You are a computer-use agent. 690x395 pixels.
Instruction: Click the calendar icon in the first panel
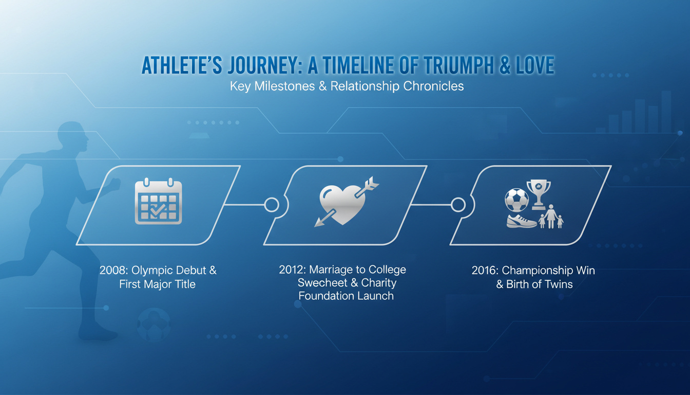coord(158,201)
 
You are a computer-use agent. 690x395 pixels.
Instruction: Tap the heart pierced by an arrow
coord(342,204)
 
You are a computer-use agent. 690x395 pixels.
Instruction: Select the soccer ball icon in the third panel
coord(516,200)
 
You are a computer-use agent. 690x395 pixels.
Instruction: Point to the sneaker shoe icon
coord(522,221)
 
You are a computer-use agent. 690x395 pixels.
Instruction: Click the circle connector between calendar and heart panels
coord(272,205)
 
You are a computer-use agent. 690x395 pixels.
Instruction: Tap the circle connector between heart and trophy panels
coord(458,205)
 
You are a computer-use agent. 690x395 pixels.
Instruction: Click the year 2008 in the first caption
coord(113,271)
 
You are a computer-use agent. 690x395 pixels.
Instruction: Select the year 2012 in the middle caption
coord(292,270)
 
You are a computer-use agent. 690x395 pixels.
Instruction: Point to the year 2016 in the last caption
coord(485,271)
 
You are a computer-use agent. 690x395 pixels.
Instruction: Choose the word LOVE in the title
coord(535,65)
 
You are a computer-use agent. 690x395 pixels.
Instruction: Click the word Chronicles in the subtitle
coord(433,86)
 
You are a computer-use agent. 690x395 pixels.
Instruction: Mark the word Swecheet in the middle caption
coord(322,283)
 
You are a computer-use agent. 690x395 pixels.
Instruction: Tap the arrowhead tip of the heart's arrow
coord(315,226)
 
